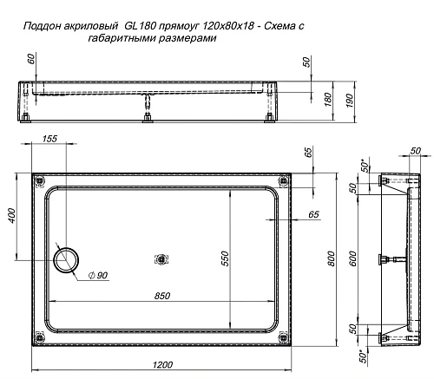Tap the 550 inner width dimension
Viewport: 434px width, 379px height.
click(x=223, y=258)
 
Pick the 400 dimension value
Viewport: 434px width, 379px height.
click(x=10, y=214)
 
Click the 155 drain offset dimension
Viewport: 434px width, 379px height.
click(x=49, y=139)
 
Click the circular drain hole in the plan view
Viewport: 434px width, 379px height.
click(x=66, y=258)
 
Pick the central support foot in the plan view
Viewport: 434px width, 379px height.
click(x=161, y=258)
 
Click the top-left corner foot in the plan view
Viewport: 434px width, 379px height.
click(x=38, y=180)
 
